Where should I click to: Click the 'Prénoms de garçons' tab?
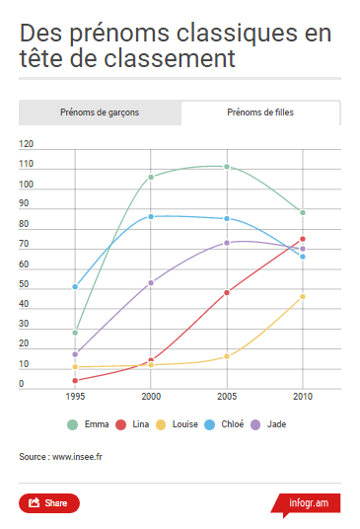99,113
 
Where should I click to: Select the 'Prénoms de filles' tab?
260,113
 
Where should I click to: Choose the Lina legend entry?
137,424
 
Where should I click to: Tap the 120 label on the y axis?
26,144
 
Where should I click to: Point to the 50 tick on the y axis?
24,284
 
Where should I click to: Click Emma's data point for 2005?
227,167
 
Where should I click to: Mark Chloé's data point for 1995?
75,286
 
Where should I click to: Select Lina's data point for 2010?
303,239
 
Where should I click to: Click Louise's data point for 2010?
303,296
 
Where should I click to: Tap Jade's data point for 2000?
151,282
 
